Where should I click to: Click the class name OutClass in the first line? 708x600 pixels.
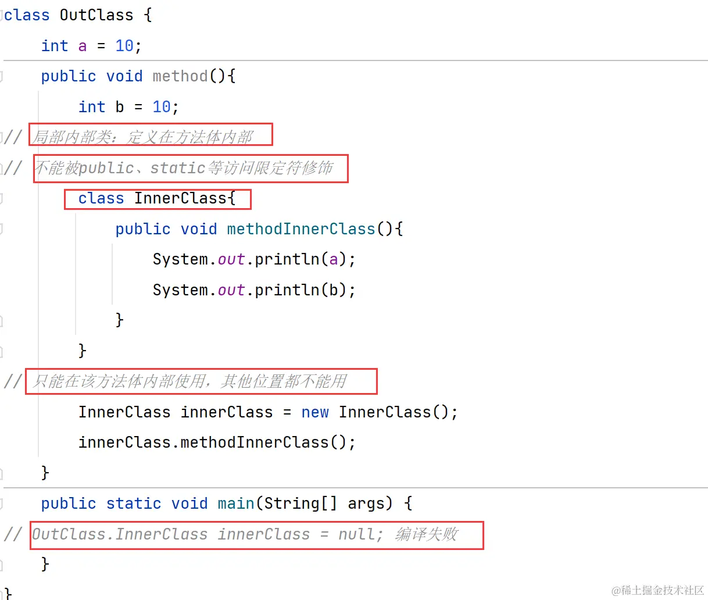(96, 15)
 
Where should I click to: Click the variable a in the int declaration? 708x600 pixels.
(83, 46)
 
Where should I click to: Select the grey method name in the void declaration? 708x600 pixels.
(180, 76)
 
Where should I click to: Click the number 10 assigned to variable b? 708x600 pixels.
(162, 107)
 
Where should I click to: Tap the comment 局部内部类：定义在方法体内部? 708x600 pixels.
(143, 137)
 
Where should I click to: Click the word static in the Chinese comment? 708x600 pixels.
(177, 168)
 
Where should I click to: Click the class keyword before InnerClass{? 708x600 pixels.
(101, 199)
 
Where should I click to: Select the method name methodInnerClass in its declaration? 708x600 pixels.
(301, 229)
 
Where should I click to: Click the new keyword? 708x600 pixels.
(315, 412)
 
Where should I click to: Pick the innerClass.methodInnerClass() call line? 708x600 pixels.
(217, 442)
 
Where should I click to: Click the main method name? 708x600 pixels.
(236, 503)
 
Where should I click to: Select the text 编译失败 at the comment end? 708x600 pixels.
(427, 534)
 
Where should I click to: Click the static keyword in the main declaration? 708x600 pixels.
(134, 503)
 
